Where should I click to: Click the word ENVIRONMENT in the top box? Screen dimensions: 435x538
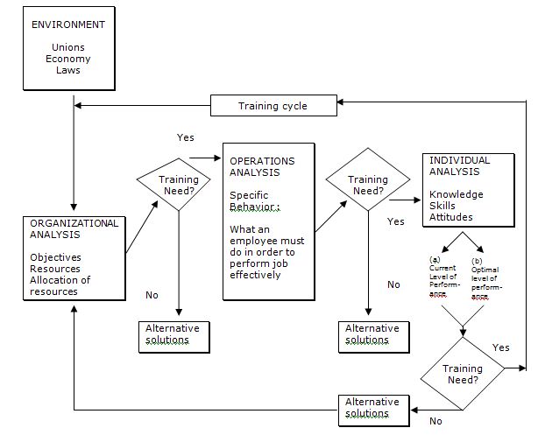69,25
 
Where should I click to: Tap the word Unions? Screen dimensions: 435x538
68,47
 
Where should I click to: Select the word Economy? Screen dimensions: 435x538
68,59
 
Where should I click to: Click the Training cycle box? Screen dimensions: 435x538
273,107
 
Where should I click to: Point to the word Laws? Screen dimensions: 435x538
68,70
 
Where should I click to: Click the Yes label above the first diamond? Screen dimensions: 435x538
186,137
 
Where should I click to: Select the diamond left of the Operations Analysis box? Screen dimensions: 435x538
179,185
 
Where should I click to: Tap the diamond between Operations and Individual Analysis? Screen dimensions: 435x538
368,185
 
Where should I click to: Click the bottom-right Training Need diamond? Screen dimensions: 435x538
462,375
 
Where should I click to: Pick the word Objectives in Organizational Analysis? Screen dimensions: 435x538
55,257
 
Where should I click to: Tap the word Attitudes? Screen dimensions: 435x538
452,216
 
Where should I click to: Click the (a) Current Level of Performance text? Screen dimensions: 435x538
445,278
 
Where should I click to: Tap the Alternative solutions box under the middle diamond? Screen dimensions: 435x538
372,334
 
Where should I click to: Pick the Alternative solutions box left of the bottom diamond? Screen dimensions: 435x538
372,408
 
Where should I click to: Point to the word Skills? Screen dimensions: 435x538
444,205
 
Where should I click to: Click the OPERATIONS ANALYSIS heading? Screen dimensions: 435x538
262,166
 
